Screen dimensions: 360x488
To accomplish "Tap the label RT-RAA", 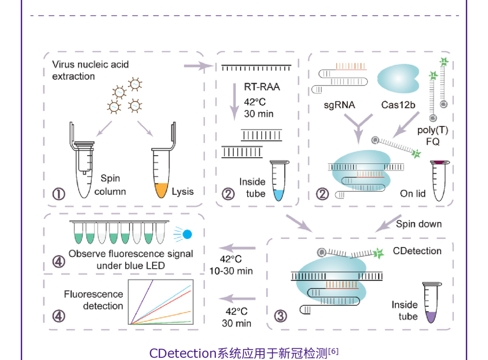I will [x=262, y=86].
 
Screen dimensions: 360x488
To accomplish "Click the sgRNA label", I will [x=339, y=105].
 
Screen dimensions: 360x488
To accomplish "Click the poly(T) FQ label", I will [x=432, y=136].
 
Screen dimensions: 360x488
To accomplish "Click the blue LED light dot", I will [x=187, y=234].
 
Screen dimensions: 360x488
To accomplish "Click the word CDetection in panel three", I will [x=417, y=251].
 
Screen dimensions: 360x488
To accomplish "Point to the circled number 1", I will [x=59, y=194].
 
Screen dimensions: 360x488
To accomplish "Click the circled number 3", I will [x=281, y=315].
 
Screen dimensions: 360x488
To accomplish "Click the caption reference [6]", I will [x=333, y=351].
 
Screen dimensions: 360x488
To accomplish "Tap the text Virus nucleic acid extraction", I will [x=90, y=71].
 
